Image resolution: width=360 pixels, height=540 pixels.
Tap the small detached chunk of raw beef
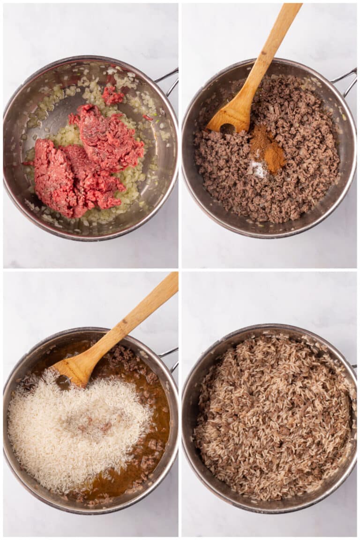coord(112,96)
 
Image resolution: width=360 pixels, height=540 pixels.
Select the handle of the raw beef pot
coord(170,80)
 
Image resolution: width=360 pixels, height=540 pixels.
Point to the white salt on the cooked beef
coord(257,169)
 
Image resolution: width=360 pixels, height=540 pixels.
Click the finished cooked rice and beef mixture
coord(272,417)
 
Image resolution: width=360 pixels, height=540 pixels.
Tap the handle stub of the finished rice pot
coord(353,366)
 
